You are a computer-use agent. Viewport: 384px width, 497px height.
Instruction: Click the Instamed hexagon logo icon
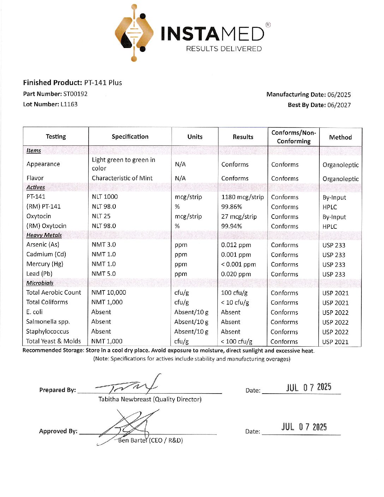point(134,33)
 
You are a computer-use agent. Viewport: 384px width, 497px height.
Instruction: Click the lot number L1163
point(69,104)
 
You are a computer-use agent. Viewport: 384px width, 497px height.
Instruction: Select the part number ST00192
point(75,94)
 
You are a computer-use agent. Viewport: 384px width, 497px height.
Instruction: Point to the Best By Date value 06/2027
point(339,105)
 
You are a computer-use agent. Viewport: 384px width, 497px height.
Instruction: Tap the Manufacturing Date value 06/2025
point(339,95)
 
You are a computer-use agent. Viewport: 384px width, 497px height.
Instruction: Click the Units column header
point(195,137)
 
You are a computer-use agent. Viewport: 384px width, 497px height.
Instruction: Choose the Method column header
point(340,137)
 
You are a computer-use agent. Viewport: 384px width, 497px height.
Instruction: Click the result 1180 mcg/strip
point(242,197)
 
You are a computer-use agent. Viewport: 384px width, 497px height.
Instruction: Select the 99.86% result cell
point(232,207)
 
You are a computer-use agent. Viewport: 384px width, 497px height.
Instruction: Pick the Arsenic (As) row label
point(43,244)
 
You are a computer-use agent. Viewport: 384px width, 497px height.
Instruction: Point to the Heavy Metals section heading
point(44,235)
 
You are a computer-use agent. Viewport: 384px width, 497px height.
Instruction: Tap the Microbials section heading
point(40,283)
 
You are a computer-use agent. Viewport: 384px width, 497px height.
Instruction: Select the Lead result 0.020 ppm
point(236,274)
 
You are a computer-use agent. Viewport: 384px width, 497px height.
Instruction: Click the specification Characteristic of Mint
point(122,178)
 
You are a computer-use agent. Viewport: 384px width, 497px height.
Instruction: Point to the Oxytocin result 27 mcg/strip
point(239,216)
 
